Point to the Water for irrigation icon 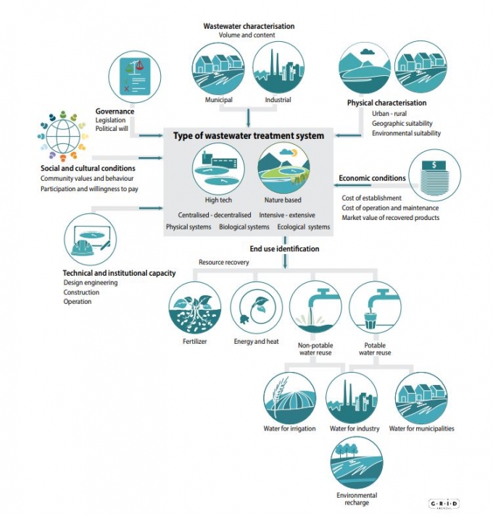tap(289, 398)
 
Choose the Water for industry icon tap(352, 398)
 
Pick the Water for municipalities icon tap(421, 398)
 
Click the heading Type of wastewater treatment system tap(248, 135)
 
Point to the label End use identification tap(284, 248)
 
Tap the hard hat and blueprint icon tap(90, 240)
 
